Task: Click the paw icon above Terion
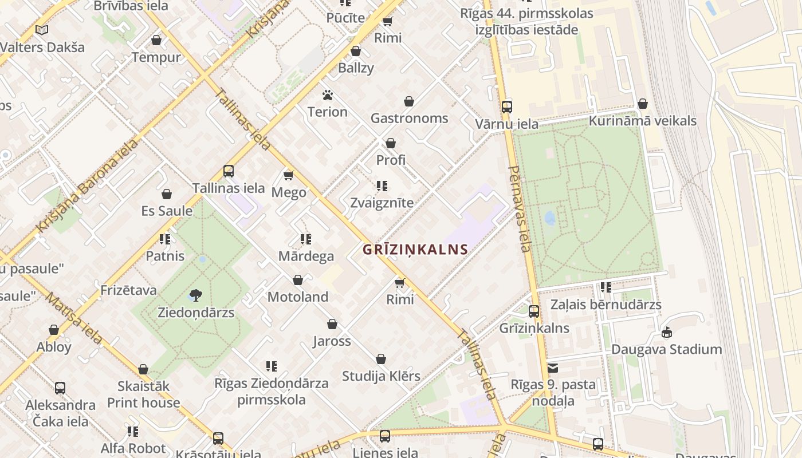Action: (x=328, y=95)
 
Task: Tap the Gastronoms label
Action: (x=409, y=119)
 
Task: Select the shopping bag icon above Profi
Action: (x=391, y=143)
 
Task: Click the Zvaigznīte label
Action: (x=382, y=203)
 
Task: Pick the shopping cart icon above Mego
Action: (x=288, y=175)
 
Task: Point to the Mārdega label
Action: (x=306, y=256)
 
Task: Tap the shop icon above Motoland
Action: (x=298, y=280)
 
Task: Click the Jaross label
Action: (x=332, y=341)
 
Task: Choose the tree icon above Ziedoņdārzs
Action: (x=195, y=295)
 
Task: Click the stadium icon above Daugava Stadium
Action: (x=667, y=332)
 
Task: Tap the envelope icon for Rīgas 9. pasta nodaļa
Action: (x=553, y=368)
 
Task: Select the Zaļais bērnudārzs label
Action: (x=606, y=305)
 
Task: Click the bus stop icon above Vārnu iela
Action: (x=506, y=106)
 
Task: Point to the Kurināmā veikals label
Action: (x=643, y=121)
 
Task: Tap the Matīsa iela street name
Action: (x=74, y=318)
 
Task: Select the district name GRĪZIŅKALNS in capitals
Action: (x=415, y=250)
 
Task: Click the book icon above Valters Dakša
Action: (x=41, y=30)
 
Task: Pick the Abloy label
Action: (x=54, y=347)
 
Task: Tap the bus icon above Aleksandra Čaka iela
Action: (x=60, y=388)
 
